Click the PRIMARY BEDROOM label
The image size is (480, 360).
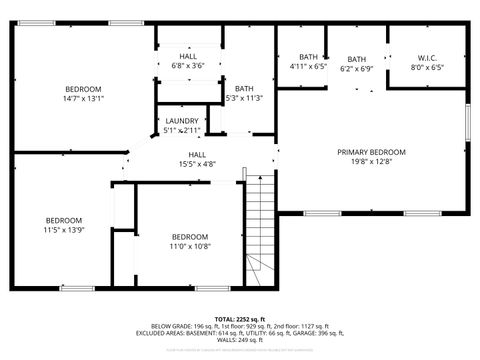371,152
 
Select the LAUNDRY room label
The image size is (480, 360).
182,121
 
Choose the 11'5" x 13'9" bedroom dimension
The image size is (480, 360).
63,230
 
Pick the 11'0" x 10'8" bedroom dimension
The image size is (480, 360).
190,246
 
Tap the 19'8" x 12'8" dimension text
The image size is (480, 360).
371,162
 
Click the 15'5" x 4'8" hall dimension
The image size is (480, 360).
198,163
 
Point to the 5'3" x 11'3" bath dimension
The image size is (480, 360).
244,98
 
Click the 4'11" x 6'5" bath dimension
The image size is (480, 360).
308,67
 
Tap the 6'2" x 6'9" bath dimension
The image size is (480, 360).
357,70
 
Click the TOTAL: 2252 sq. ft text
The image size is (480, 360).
240,319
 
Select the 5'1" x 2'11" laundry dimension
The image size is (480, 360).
182,130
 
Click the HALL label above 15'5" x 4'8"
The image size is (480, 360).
198,154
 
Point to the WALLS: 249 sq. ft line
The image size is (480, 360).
240,342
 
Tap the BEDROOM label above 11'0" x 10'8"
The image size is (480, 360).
190,237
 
